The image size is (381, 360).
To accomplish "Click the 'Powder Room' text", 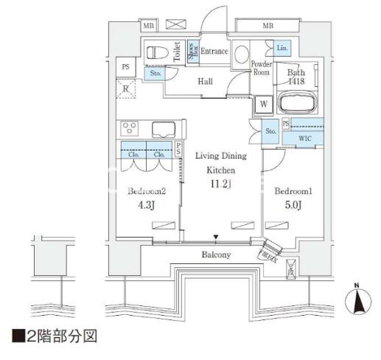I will click(x=262, y=68).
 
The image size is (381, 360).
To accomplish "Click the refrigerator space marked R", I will click(x=126, y=91).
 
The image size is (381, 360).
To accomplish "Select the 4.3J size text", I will click(x=147, y=206).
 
